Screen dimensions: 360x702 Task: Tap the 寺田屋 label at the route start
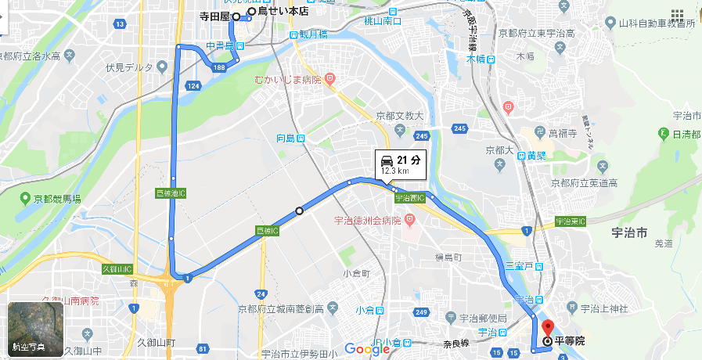click(x=214, y=16)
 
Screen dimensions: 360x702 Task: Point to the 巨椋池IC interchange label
click(x=171, y=193)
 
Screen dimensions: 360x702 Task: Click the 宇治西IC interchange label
click(x=409, y=199)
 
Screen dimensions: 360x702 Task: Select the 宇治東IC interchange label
click(x=571, y=222)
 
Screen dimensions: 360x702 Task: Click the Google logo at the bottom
click(x=367, y=349)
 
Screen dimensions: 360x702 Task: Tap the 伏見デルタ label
click(x=129, y=67)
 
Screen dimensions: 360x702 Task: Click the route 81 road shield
click(x=204, y=348)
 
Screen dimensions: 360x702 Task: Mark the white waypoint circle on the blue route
click(x=298, y=210)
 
